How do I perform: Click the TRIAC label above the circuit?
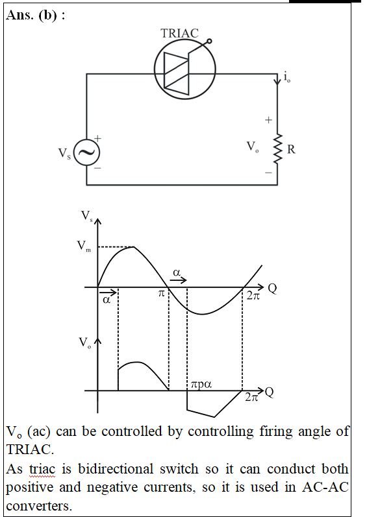point(179,33)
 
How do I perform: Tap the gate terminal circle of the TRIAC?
point(209,42)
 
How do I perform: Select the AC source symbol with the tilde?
point(86,152)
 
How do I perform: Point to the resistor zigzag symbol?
point(277,149)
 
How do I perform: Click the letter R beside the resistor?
point(291,149)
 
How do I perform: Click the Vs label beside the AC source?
point(64,153)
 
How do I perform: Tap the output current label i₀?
point(287,77)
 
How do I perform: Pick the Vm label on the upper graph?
point(84,246)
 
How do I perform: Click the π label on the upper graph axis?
point(161,293)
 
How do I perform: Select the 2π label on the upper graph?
point(253,295)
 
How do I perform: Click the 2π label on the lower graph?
point(251,397)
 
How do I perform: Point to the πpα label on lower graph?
point(201,385)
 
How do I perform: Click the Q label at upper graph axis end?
point(272,289)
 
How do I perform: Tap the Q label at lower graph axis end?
point(269,392)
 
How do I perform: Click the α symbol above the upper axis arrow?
point(177,272)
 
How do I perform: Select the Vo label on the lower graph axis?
point(85,343)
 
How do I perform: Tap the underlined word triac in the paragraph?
point(42,469)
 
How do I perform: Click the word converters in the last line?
point(39,506)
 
